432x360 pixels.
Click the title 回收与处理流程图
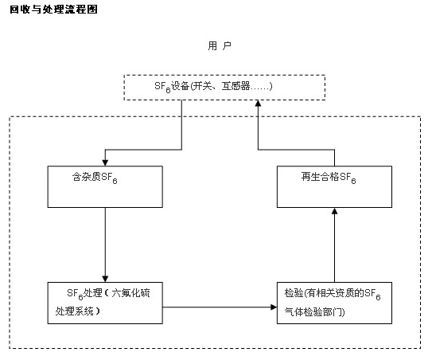54,10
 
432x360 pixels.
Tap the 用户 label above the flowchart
220,45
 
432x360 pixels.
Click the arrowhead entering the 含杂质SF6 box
105,162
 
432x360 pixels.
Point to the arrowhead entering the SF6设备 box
258,104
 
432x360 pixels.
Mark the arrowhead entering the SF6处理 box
105,279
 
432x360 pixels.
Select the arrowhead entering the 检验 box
274,307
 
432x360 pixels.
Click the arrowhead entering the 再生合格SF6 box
334,211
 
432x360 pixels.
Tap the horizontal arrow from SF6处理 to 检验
220,307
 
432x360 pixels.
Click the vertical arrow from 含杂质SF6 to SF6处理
105,245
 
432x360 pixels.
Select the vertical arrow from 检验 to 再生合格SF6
334,245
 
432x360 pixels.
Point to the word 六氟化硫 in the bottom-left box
130,292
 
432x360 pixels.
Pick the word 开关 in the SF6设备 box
202,86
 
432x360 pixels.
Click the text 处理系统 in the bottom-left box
75,311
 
